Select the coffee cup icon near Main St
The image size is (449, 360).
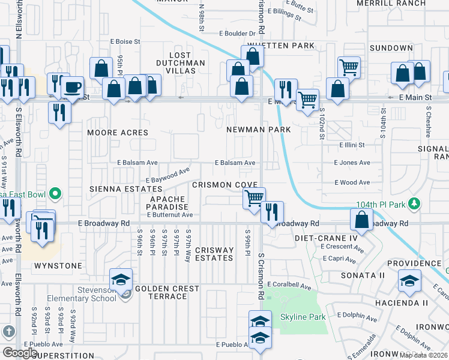[73, 87]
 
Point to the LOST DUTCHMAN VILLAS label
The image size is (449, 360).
[180, 67]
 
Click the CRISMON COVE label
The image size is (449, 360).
[224, 185]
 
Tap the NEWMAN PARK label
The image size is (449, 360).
[258, 130]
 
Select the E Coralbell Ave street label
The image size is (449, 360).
[290, 285]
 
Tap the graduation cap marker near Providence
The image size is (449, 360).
[409, 280]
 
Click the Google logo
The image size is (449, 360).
[20, 353]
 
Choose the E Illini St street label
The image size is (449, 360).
[352, 145]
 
